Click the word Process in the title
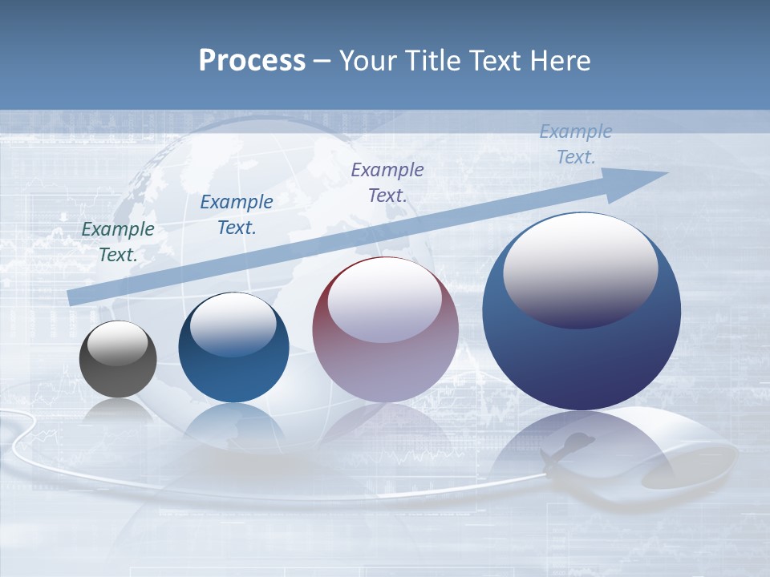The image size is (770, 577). [252, 61]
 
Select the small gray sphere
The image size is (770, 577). [118, 359]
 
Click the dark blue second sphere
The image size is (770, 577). [233, 349]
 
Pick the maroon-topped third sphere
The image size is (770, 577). [385, 330]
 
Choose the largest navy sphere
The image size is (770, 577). [582, 313]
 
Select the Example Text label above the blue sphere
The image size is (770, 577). [237, 215]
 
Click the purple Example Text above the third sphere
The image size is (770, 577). [387, 182]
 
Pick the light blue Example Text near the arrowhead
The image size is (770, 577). [575, 144]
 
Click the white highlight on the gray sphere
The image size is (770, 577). [118, 344]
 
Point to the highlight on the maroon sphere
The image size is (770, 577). [385, 300]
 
